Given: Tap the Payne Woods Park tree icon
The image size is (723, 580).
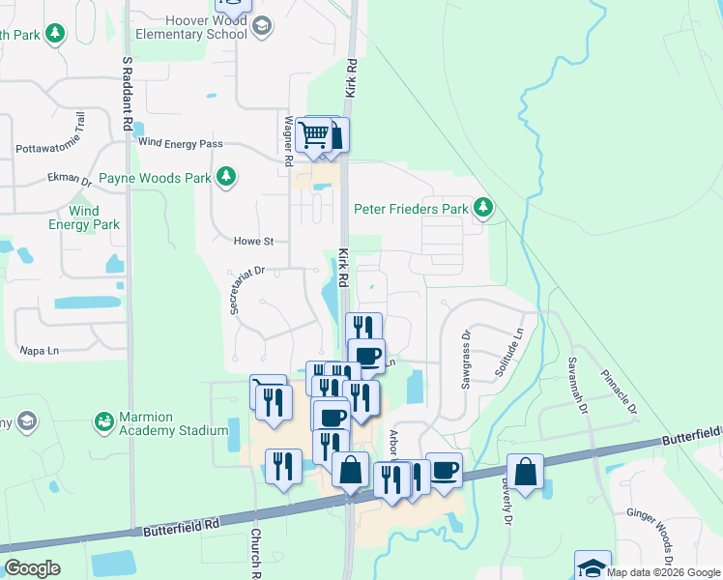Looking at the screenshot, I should click(225, 176).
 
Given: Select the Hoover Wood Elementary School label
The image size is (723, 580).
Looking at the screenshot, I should click(192, 26).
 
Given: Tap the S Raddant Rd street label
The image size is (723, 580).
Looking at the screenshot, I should click(127, 93).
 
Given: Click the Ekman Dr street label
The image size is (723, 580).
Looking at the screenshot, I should click(70, 180).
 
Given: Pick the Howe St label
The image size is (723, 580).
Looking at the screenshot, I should click(254, 241).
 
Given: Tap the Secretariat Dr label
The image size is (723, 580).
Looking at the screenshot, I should click(246, 290).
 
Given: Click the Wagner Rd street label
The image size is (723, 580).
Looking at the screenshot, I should click(287, 137).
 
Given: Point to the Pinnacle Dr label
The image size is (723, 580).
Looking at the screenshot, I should click(619, 390).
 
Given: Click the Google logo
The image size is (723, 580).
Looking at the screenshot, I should click(32, 568).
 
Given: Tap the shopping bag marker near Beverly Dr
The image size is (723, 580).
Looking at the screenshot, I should click(525, 472).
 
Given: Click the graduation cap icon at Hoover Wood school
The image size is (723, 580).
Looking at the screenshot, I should click(261, 26).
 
